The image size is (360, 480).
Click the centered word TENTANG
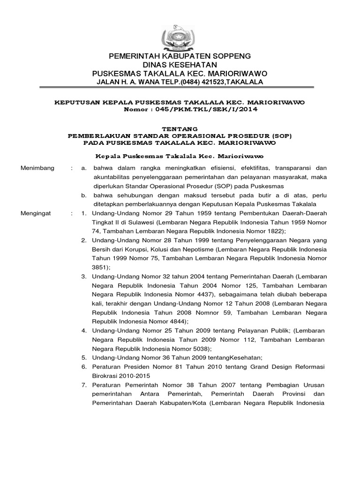click(180, 128)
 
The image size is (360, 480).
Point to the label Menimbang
click(37, 168)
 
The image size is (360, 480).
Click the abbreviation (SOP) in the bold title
click(282, 135)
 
